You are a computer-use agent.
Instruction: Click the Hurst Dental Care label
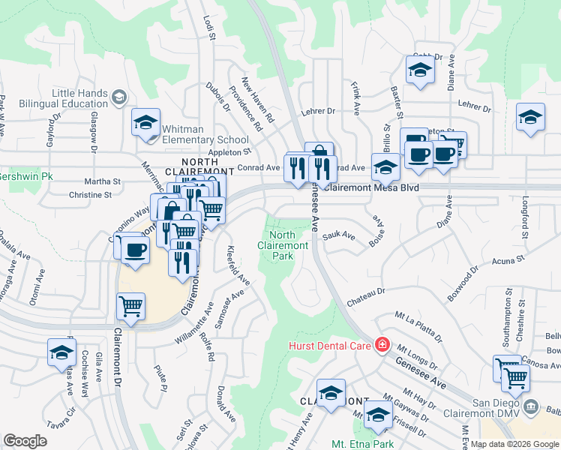(x=331, y=346)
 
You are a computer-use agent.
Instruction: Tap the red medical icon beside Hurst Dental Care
(x=382, y=345)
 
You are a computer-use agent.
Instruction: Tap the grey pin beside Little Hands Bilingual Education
(x=119, y=97)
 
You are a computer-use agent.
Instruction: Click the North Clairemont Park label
(x=283, y=245)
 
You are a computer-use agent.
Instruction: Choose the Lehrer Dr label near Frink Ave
(x=319, y=112)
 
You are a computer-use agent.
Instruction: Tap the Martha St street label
(x=103, y=181)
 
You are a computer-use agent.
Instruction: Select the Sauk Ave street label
(x=339, y=235)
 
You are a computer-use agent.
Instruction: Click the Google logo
(x=25, y=441)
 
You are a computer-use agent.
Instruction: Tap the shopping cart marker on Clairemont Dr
(x=131, y=306)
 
